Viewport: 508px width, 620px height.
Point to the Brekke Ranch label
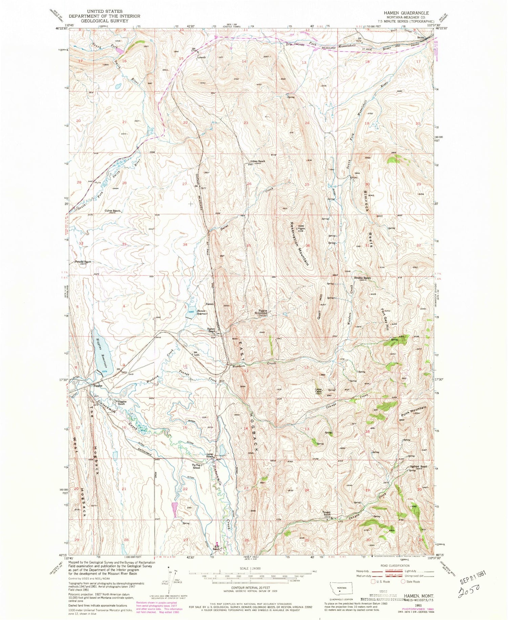click(x=362, y=278)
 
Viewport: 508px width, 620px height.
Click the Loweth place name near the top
click(x=202, y=58)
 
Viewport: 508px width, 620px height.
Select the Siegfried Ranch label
click(x=419, y=467)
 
